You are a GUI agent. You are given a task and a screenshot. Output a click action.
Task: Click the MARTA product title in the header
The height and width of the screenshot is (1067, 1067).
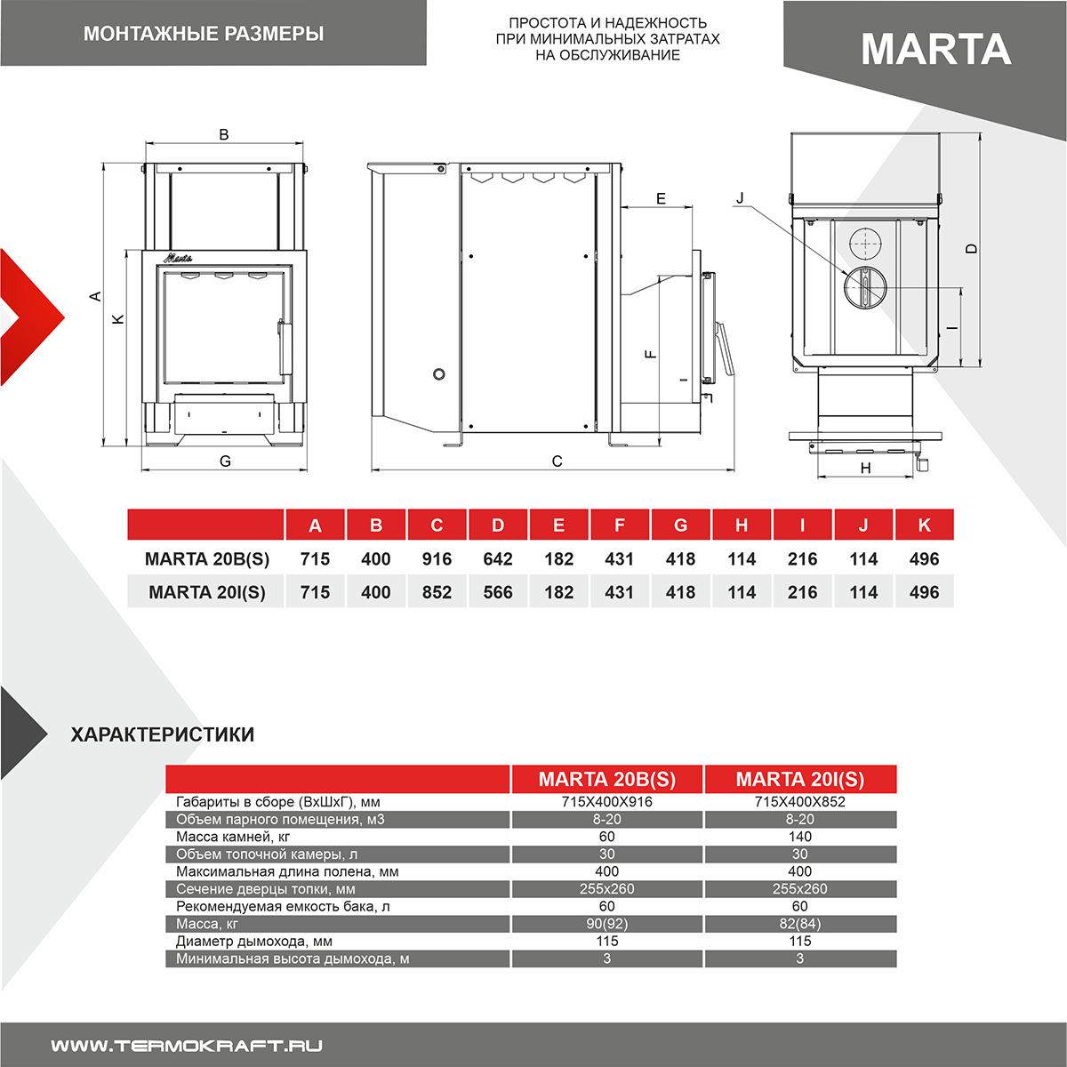pos(935,49)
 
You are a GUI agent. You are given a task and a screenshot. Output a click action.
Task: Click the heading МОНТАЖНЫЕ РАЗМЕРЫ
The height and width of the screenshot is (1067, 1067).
pos(204,34)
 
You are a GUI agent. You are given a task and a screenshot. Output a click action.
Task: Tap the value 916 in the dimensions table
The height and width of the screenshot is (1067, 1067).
pos(437,559)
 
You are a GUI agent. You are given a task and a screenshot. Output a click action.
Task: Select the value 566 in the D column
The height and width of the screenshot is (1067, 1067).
pos(498,592)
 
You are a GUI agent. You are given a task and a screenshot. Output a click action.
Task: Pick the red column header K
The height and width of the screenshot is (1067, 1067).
pos(924,525)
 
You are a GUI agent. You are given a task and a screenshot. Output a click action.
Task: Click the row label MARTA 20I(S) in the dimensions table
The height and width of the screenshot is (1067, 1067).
pos(206,592)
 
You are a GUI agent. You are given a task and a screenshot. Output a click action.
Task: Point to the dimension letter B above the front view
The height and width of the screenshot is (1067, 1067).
pos(224,134)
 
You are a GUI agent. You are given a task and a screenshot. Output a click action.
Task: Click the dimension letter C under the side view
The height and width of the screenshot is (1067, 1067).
pos(558,461)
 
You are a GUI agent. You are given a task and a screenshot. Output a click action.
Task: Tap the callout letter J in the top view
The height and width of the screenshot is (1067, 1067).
pos(740,198)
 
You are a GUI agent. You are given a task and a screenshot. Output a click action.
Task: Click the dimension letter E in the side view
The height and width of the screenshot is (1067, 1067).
pos(661,198)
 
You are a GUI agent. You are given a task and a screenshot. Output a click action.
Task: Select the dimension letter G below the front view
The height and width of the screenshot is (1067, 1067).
pos(225,461)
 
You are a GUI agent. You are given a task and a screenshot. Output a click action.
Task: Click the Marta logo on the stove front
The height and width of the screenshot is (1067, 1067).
pos(178,258)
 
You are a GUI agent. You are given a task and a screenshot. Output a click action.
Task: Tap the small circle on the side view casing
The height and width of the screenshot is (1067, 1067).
pos(439,373)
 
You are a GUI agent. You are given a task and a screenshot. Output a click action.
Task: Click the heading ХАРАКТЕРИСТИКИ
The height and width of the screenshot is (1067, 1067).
pos(163,734)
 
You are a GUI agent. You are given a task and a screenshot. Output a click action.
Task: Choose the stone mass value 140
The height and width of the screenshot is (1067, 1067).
pos(799,837)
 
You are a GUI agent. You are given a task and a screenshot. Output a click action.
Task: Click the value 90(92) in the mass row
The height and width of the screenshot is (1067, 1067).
pos(606,924)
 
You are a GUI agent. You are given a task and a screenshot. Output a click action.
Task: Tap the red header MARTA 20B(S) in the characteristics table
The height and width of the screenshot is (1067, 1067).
pos(606,779)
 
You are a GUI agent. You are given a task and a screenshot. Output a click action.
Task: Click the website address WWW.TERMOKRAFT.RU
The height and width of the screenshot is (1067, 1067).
pos(187,1046)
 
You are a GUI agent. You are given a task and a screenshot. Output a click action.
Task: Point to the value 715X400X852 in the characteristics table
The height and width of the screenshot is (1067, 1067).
pos(799,801)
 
